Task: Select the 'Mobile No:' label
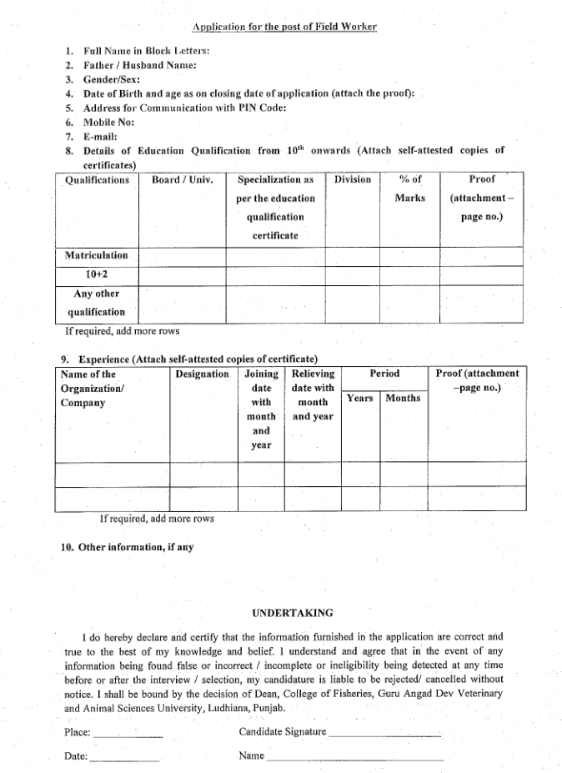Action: click(x=109, y=121)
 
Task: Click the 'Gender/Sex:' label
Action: click(x=112, y=79)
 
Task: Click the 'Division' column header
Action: click(x=353, y=180)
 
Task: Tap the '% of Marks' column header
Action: click(x=409, y=188)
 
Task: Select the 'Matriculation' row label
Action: click(x=97, y=255)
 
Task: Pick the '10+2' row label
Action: click(x=97, y=274)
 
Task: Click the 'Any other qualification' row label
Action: click(x=97, y=303)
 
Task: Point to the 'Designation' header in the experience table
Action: click(x=202, y=374)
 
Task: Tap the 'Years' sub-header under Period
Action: click(x=360, y=399)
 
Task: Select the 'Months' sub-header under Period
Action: click(x=403, y=399)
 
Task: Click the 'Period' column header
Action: click(x=384, y=374)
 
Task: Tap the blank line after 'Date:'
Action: click(x=123, y=760)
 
